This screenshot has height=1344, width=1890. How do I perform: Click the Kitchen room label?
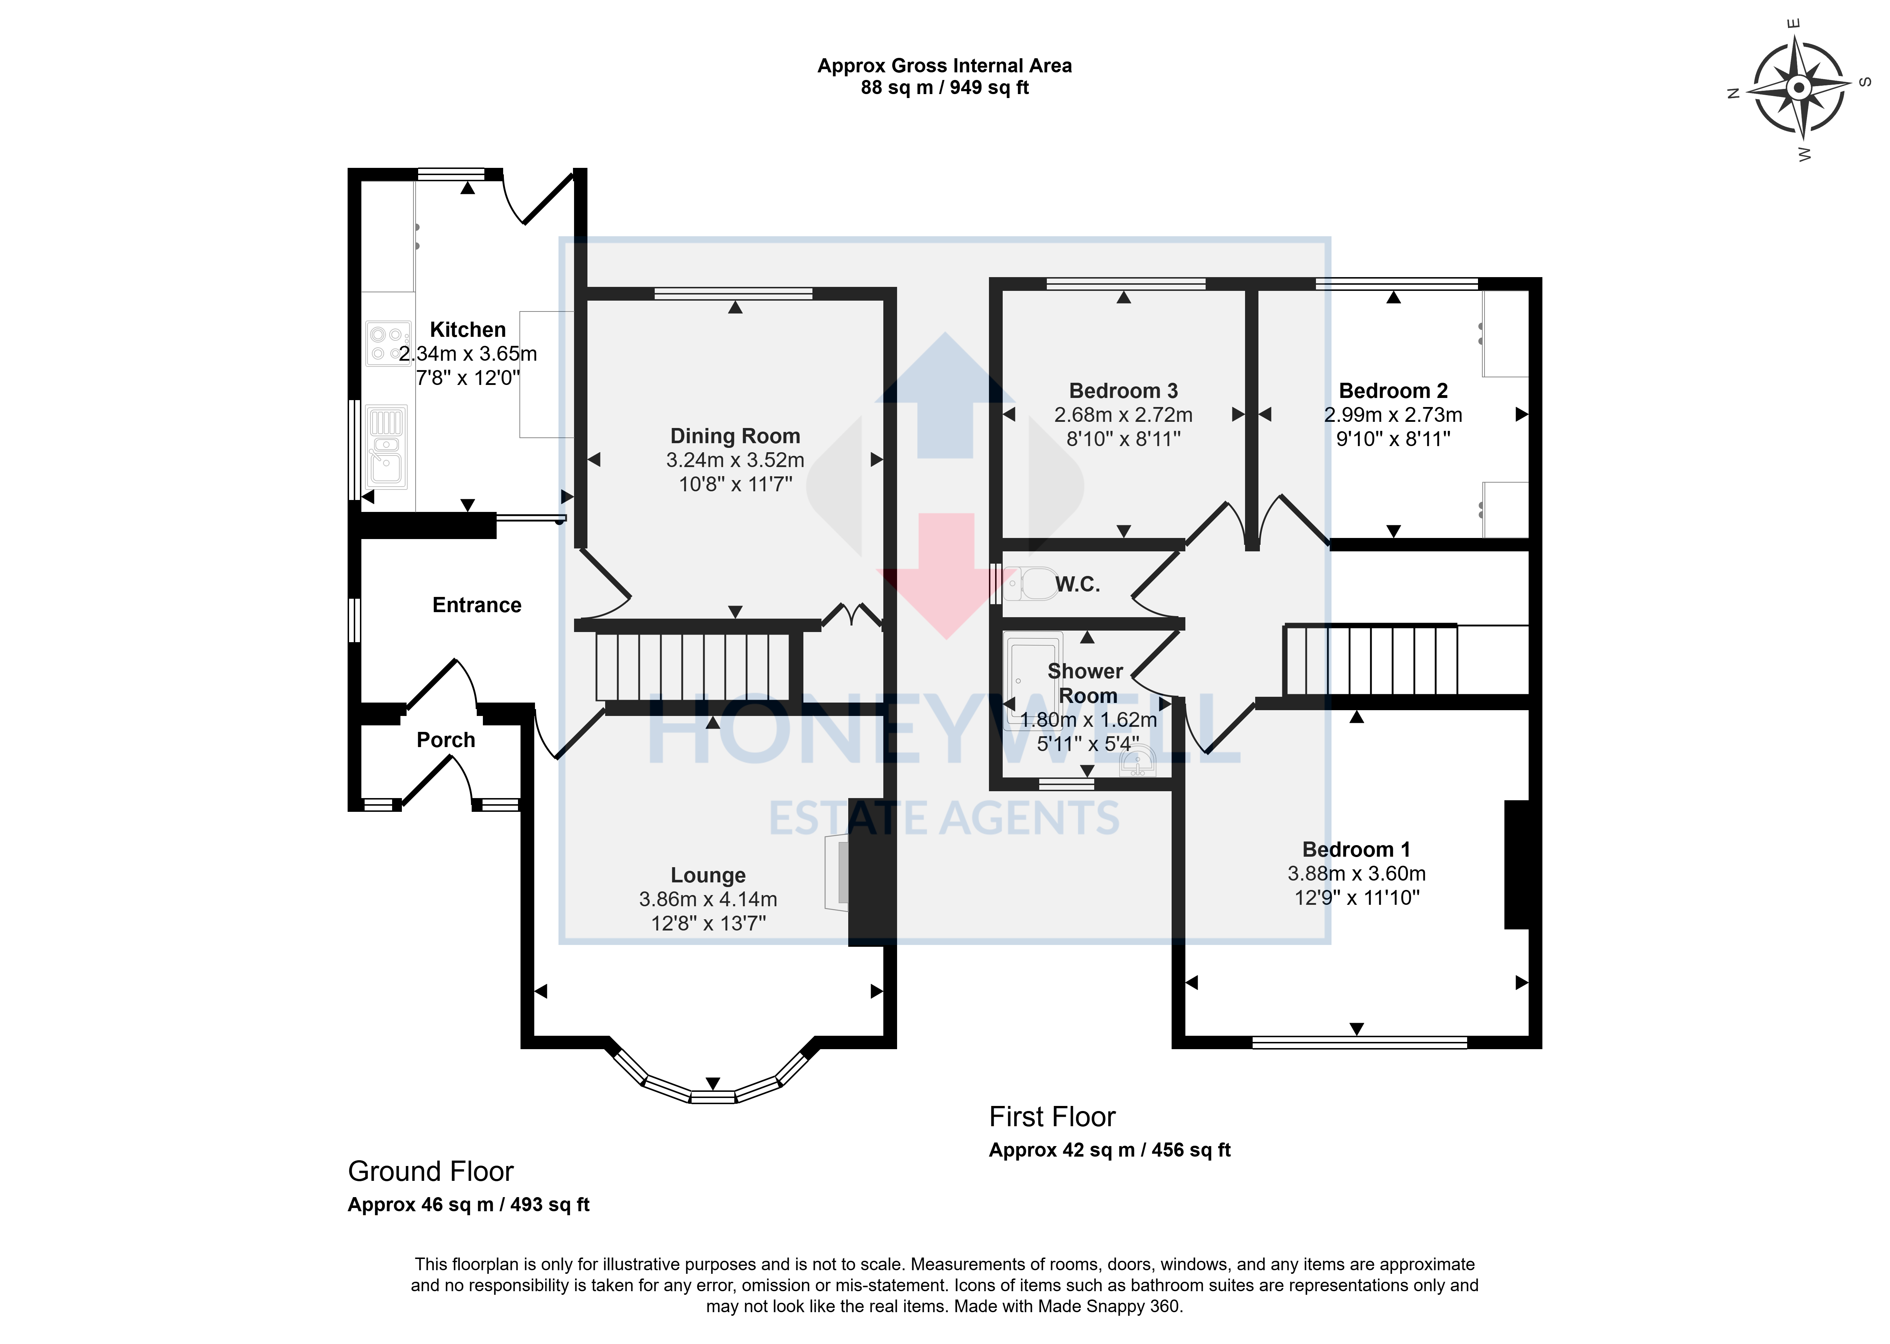click(x=468, y=329)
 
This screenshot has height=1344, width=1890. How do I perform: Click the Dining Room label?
click(x=735, y=436)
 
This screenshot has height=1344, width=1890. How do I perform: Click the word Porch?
click(x=446, y=740)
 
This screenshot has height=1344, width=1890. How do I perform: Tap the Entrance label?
click(x=477, y=605)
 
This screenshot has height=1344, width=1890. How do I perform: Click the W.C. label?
click(x=1078, y=584)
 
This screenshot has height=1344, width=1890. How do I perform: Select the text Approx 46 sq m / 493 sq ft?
click(x=468, y=1204)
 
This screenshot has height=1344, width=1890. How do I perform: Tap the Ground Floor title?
click(x=430, y=1171)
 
